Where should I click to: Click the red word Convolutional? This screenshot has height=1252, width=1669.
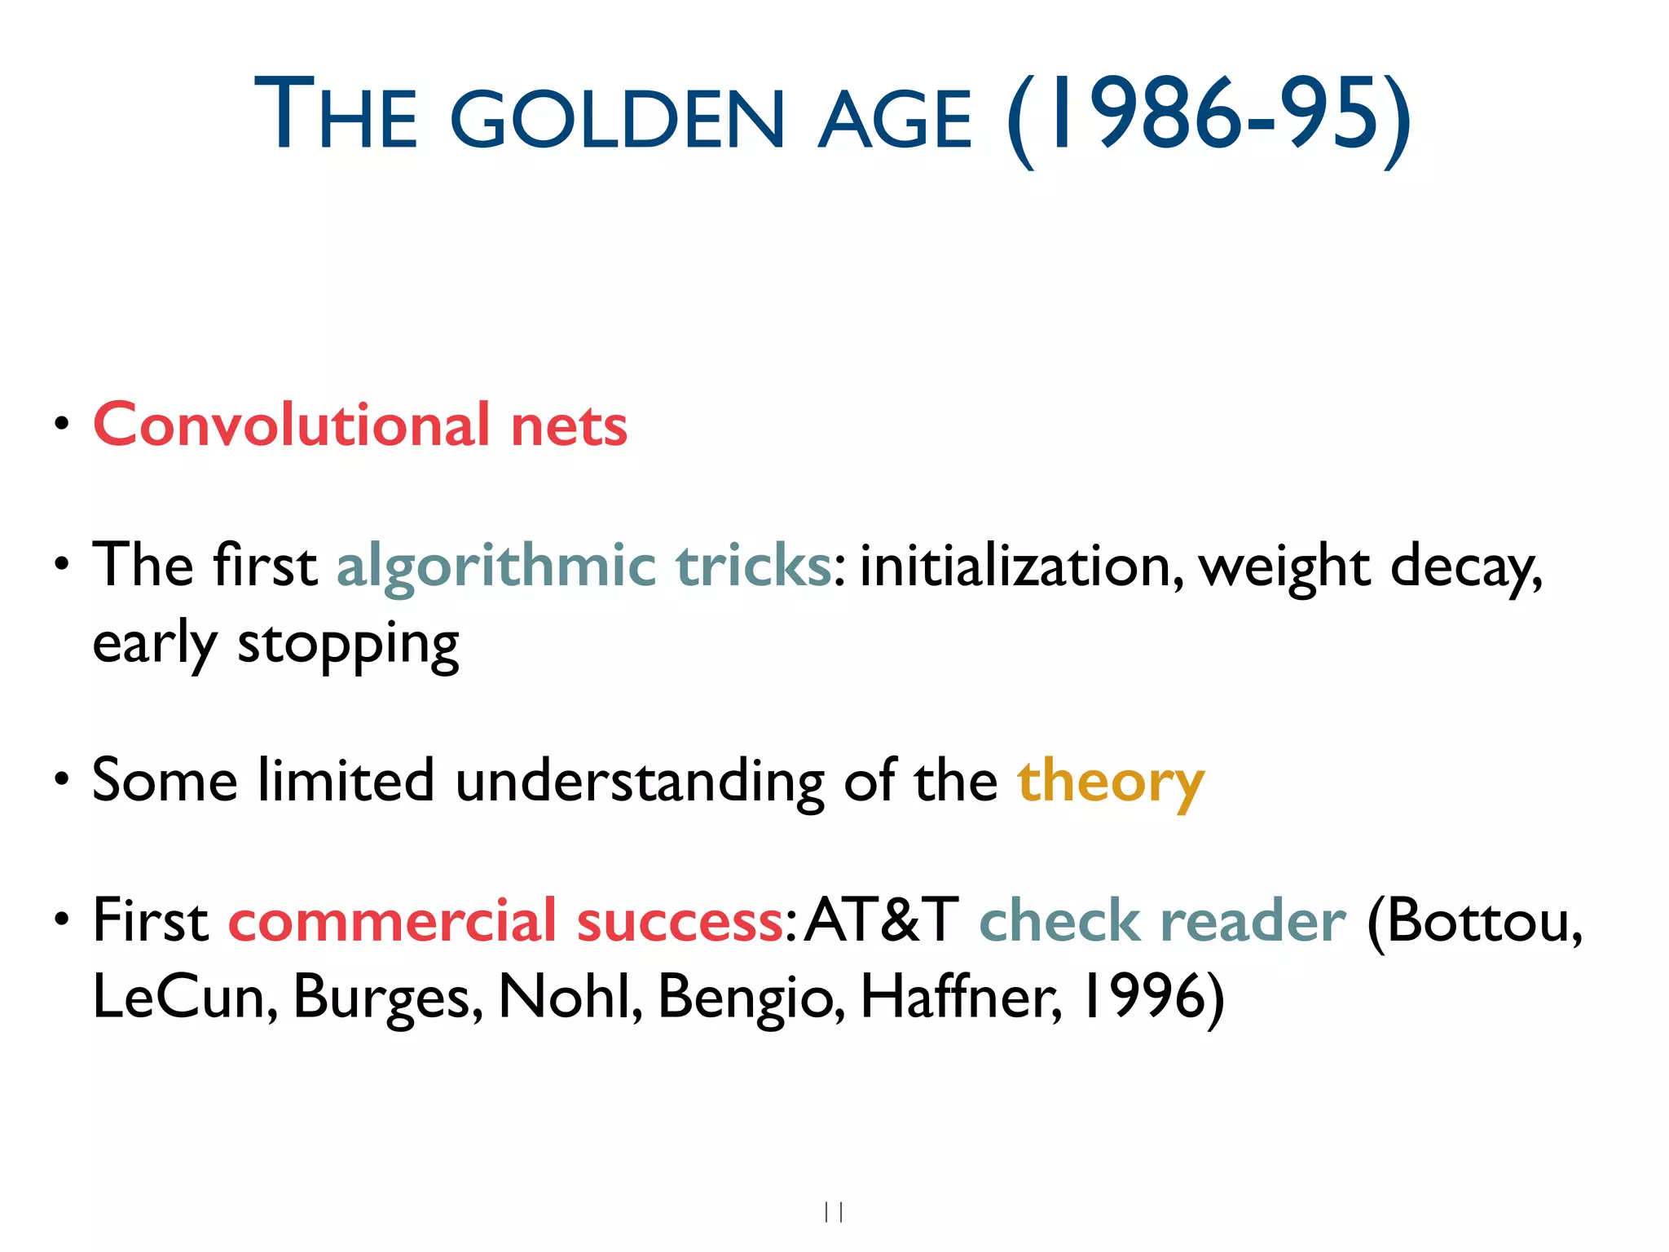point(292,425)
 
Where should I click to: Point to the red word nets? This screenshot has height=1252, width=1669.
point(569,426)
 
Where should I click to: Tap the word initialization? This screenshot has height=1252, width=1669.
point(1021,566)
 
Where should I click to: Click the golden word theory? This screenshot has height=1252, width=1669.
point(1110,782)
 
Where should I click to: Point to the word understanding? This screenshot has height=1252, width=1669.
point(640,782)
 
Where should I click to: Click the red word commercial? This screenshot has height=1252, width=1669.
point(392,921)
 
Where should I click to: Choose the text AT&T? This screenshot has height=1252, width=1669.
point(881,920)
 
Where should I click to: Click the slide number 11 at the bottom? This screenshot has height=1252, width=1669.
point(834,1212)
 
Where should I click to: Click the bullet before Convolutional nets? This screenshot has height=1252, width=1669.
point(61,424)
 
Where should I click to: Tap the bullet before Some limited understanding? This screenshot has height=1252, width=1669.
point(61,780)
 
